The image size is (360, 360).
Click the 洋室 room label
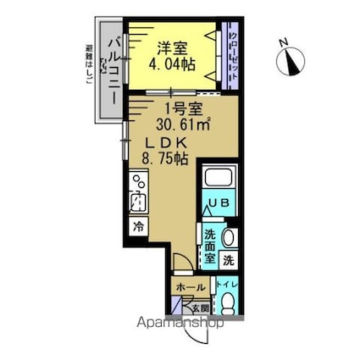(x=169, y=48)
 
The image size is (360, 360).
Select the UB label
(x=219, y=203)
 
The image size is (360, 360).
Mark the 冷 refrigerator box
(x=137, y=226)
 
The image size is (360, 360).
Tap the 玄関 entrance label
(x=206, y=308)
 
